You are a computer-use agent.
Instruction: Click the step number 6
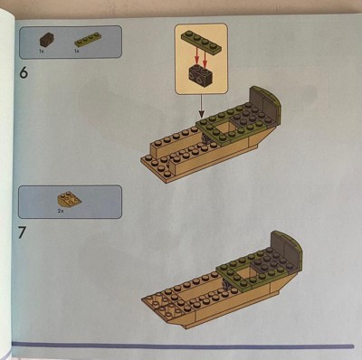click(24, 72)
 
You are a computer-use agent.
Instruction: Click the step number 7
click(22, 232)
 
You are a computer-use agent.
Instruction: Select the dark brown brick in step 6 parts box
click(47, 40)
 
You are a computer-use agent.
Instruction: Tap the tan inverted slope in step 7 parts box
click(70, 199)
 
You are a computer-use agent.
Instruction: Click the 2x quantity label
click(61, 211)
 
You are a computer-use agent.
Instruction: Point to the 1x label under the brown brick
click(42, 52)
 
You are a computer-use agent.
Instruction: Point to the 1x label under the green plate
click(77, 52)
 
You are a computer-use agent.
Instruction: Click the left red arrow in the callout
click(196, 57)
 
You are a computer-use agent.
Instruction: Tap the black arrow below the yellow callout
click(202, 105)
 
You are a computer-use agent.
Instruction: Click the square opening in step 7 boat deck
click(243, 273)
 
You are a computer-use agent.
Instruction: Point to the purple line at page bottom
click(183, 345)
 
